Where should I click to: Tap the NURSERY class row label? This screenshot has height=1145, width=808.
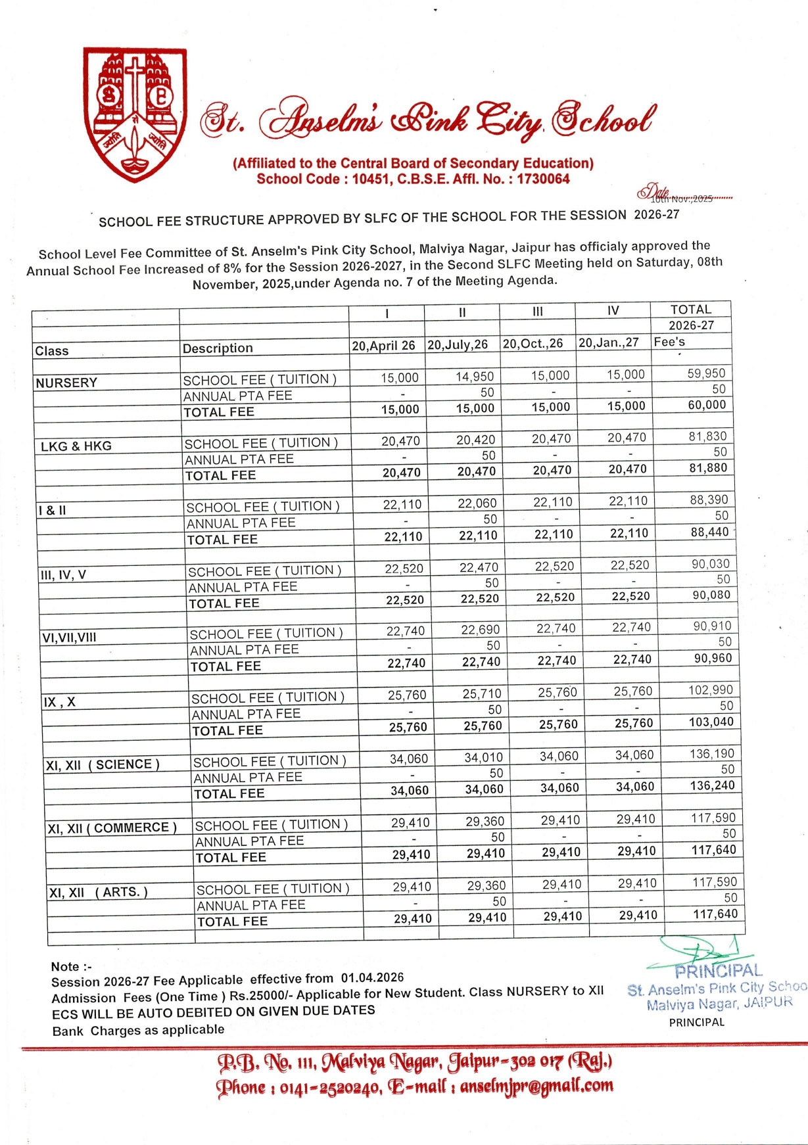66,383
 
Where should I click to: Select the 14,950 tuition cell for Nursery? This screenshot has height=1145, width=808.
475,377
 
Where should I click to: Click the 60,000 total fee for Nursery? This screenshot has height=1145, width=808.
707,406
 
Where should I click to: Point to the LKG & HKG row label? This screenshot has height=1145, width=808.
76,446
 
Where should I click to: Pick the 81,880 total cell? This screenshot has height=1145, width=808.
708,469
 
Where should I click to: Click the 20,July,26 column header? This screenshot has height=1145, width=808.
458,344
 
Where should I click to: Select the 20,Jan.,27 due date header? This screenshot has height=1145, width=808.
608,342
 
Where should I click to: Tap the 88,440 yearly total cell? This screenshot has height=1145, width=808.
710,532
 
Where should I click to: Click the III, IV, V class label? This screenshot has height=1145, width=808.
63,575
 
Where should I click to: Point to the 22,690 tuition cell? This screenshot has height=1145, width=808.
480,630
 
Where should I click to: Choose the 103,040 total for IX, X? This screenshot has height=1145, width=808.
712,722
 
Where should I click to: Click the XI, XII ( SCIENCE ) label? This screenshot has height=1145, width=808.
103,765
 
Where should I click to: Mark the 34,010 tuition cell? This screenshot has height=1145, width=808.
483,758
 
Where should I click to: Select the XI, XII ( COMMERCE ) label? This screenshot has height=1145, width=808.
112,828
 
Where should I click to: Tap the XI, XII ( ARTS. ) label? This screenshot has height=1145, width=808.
99,893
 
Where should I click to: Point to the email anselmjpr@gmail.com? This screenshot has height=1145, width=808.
536,1086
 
